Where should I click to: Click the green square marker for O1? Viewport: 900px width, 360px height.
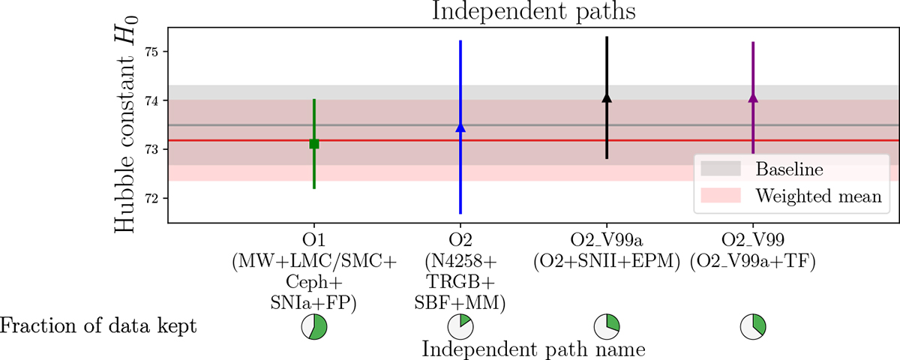tap(314, 143)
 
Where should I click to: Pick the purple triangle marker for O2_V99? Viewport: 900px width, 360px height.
tap(753, 98)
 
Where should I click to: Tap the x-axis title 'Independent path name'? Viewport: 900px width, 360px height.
tap(533, 349)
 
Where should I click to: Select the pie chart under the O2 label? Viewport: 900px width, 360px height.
tap(460, 326)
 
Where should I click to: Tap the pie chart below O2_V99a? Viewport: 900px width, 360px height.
tap(607, 326)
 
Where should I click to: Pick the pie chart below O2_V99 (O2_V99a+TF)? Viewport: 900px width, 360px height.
tap(753, 326)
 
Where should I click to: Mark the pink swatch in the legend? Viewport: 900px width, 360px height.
tap(718, 196)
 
